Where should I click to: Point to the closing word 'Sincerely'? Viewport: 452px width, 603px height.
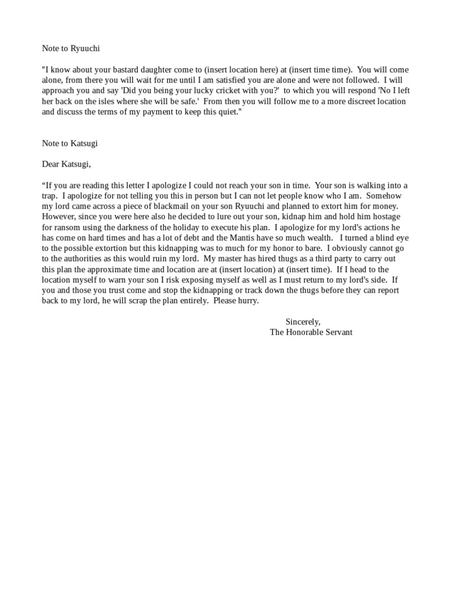(x=303, y=322)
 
